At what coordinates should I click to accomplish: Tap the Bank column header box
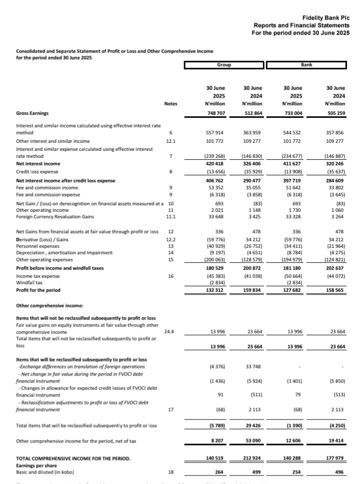306,65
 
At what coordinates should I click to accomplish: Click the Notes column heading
170,103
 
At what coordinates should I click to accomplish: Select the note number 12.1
170,141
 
